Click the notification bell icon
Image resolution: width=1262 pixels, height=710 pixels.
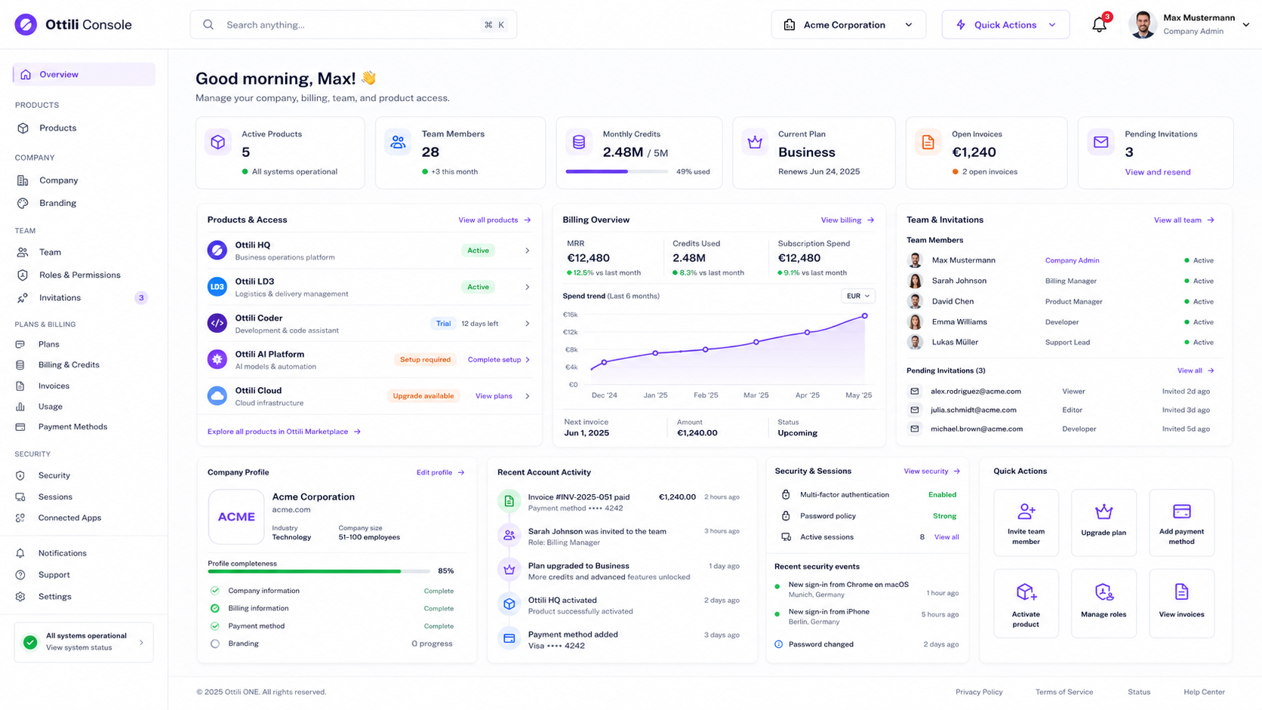point(1099,25)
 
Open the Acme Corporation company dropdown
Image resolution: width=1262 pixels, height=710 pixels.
point(848,25)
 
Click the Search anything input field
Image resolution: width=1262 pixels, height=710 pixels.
point(353,25)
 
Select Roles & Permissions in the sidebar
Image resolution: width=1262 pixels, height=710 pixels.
point(79,275)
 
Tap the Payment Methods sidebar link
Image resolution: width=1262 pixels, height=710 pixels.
point(72,427)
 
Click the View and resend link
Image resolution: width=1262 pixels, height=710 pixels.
point(1158,172)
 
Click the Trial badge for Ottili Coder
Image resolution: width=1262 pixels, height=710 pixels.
point(443,323)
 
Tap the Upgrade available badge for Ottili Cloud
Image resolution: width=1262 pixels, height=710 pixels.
point(423,396)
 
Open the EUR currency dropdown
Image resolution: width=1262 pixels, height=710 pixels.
point(858,296)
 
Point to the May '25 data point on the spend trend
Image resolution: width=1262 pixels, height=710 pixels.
point(864,316)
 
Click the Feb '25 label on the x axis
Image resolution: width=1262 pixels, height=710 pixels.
point(706,395)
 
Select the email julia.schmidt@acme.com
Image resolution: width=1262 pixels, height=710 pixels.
point(973,410)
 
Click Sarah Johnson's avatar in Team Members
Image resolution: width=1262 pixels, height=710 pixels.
point(915,281)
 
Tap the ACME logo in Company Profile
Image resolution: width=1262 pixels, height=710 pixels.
point(236,516)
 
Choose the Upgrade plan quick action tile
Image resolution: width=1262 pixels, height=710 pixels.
point(1103,523)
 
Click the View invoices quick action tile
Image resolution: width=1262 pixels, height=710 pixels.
point(1181,603)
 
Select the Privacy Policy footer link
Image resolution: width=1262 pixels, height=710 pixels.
point(979,692)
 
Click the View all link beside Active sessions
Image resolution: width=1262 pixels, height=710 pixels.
point(946,537)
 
